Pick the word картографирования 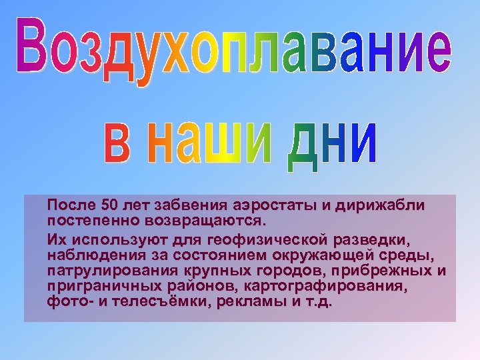pyautogui.click(x=341, y=285)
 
